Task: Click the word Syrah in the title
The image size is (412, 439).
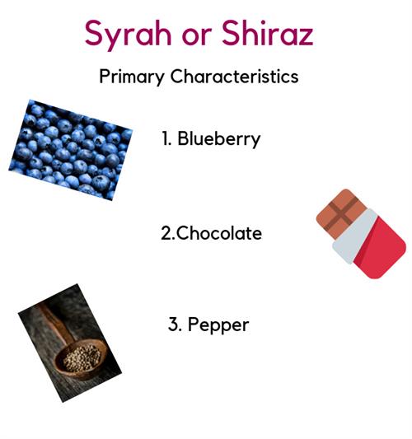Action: pyautogui.click(x=128, y=35)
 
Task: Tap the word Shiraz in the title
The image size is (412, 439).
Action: pyautogui.click(x=268, y=32)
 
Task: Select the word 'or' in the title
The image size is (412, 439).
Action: pyautogui.click(x=196, y=36)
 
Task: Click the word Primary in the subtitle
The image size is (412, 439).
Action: pyautogui.click(x=131, y=77)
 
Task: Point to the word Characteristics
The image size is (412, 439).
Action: pyautogui.click(x=235, y=76)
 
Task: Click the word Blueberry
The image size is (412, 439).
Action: pyautogui.click(x=219, y=139)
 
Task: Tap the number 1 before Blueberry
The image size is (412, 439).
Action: pyautogui.click(x=166, y=138)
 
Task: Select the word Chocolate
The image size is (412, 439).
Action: pyautogui.click(x=219, y=232)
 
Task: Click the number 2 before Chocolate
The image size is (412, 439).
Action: pyautogui.click(x=167, y=233)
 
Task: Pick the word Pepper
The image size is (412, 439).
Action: pyautogui.click(x=218, y=325)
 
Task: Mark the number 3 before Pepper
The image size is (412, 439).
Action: pyautogui.click(x=174, y=325)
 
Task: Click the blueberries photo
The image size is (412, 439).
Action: pyautogui.click(x=71, y=150)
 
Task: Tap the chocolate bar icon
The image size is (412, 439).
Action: pyautogui.click(x=361, y=234)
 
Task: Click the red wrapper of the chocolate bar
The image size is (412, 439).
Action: pyautogui.click(x=381, y=249)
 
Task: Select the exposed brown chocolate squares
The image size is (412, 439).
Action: pyautogui.click(x=339, y=213)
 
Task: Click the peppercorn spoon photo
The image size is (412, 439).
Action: pyautogui.click(x=70, y=343)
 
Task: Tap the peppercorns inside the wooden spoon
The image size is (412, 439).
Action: pyautogui.click(x=82, y=358)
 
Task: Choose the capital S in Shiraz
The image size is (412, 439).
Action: pyautogui.click(x=232, y=33)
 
